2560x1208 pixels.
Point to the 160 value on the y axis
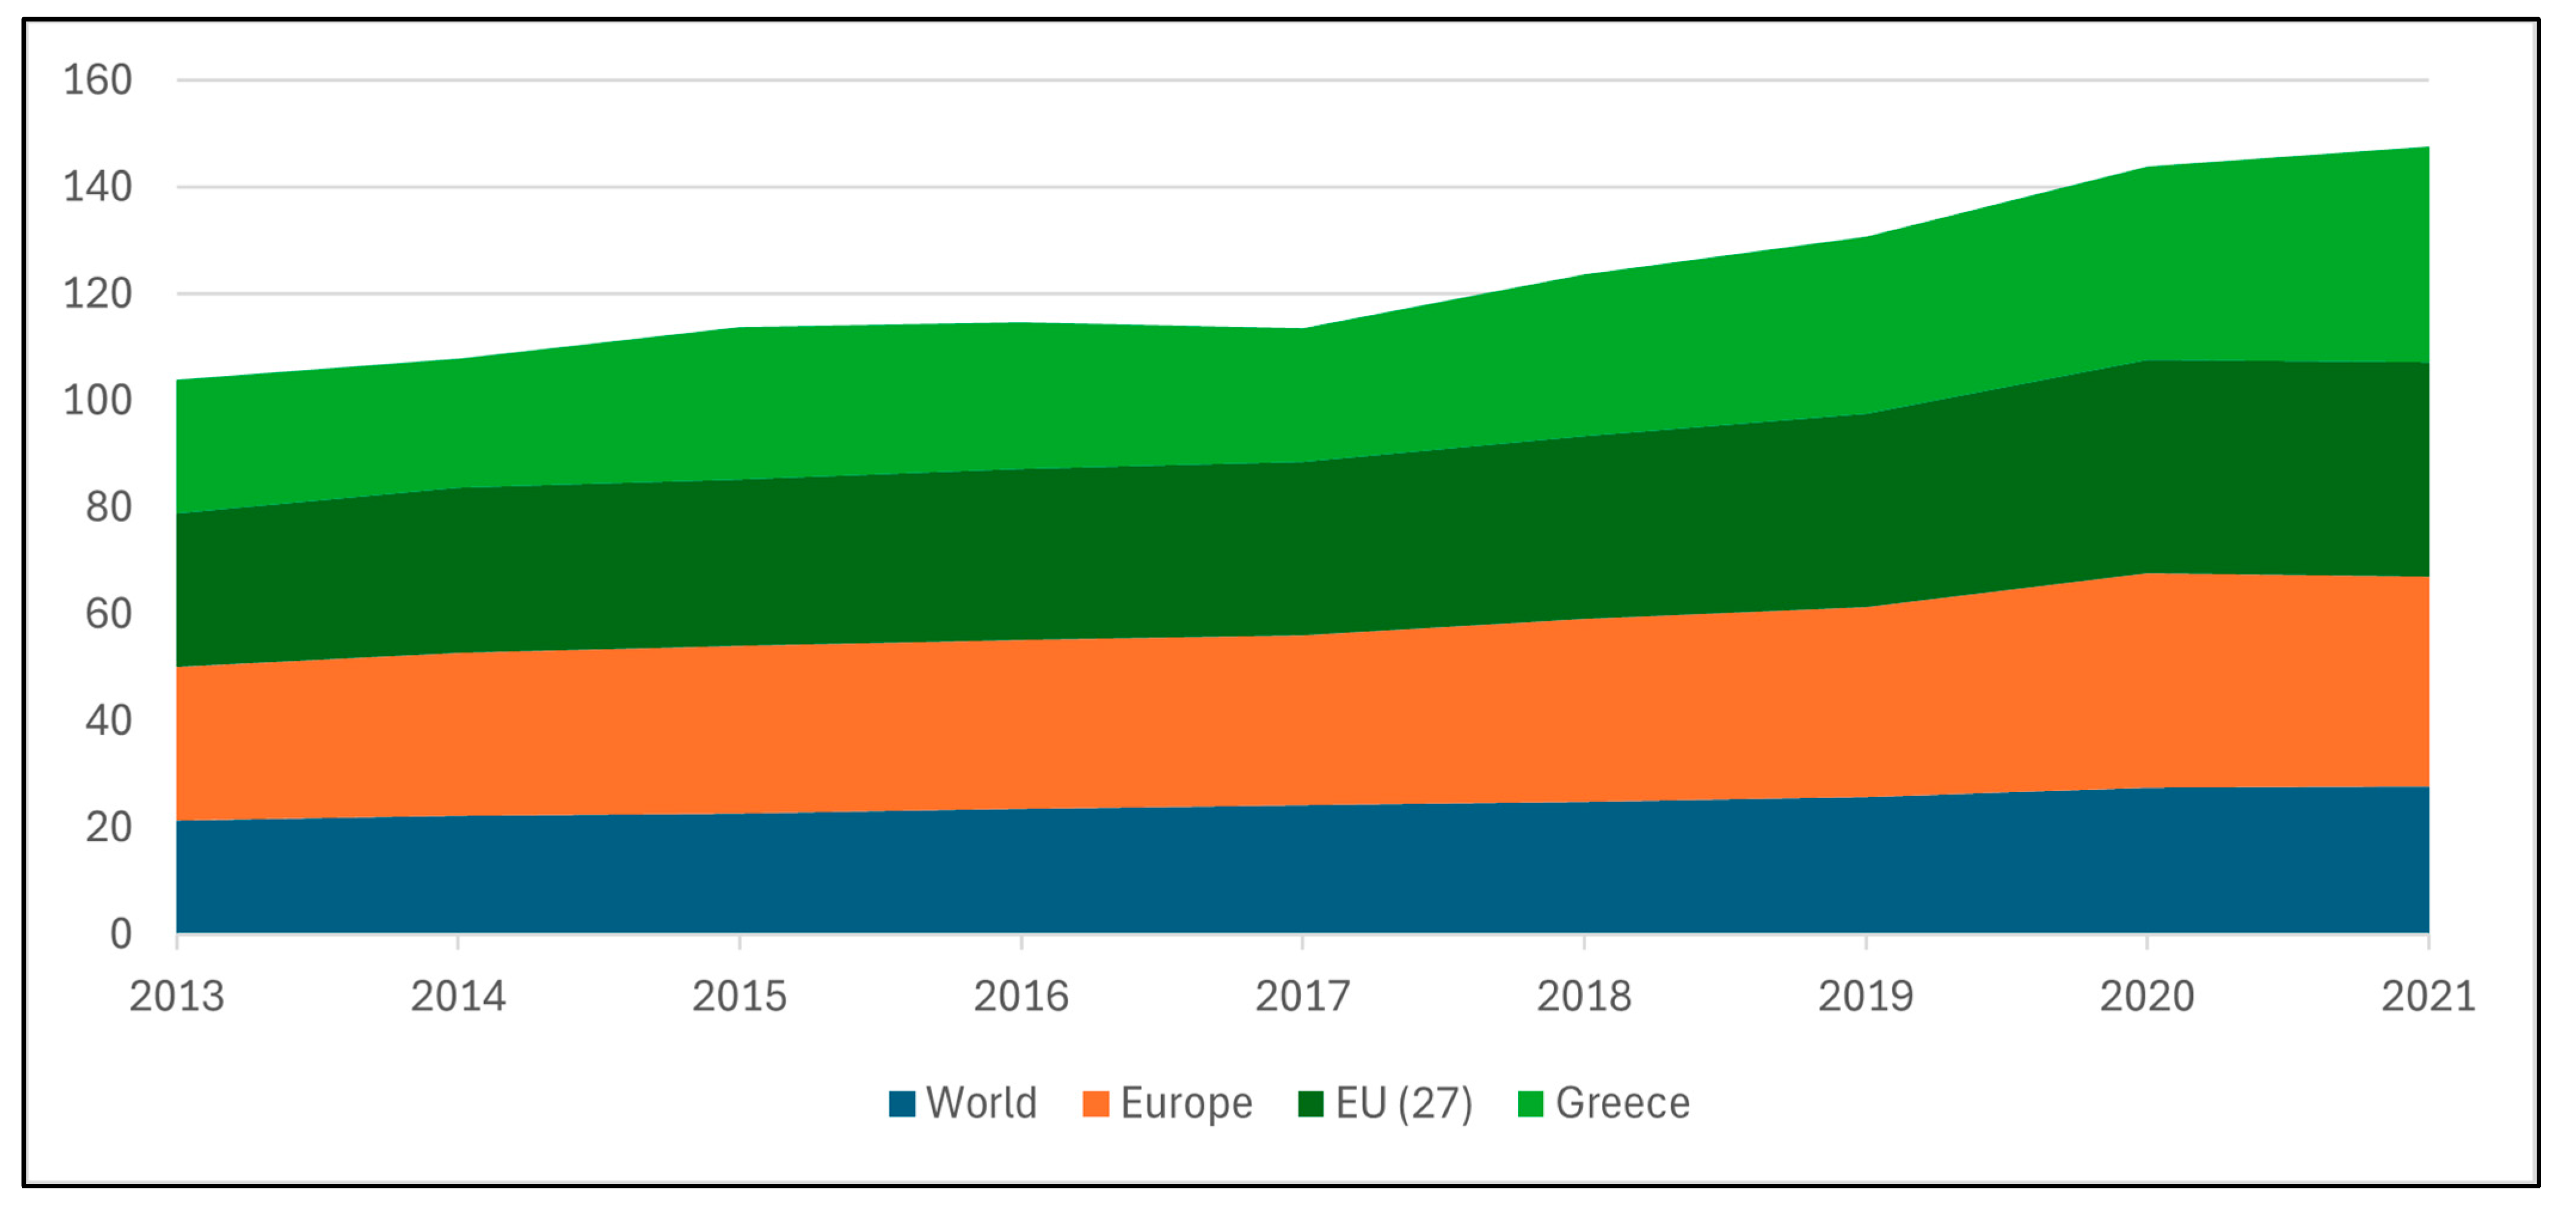(x=97, y=79)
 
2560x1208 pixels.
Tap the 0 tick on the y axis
(x=120, y=934)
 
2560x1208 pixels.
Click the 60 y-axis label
(x=108, y=614)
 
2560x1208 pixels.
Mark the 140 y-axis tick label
(x=97, y=187)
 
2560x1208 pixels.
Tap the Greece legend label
(x=1622, y=1103)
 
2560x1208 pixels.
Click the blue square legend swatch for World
(x=901, y=1103)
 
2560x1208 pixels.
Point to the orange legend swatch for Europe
(x=1095, y=1103)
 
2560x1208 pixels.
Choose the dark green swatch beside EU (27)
(x=1311, y=1103)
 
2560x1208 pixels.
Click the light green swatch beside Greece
(x=1530, y=1103)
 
